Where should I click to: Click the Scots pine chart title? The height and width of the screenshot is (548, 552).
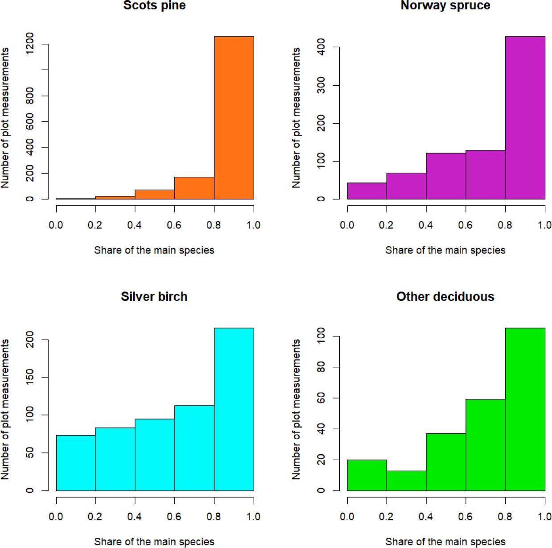coord(154,6)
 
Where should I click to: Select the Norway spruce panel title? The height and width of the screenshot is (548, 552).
coord(445,6)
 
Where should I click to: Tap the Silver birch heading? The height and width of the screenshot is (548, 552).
coord(154,297)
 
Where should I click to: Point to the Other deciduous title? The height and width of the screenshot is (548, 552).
coord(445,297)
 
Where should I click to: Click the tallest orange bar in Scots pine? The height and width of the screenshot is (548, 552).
coord(234,118)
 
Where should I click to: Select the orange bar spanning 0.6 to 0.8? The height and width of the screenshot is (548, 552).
coord(194,188)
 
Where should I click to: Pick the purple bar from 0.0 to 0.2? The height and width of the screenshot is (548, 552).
coord(367,191)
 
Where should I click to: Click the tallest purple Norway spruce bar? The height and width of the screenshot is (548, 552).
coord(525,118)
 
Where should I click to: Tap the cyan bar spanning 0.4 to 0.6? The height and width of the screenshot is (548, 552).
coord(155,454)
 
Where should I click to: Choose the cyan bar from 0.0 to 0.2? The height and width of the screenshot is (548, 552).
coord(76,463)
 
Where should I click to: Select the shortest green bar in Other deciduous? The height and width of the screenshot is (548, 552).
coord(406,481)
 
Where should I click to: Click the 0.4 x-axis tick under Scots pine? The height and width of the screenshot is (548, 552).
coord(135,225)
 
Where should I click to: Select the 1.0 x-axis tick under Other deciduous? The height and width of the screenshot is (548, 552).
coord(544,517)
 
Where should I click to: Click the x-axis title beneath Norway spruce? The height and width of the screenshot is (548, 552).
coord(445,250)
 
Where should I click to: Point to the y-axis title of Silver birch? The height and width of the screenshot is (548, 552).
coord(5,409)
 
